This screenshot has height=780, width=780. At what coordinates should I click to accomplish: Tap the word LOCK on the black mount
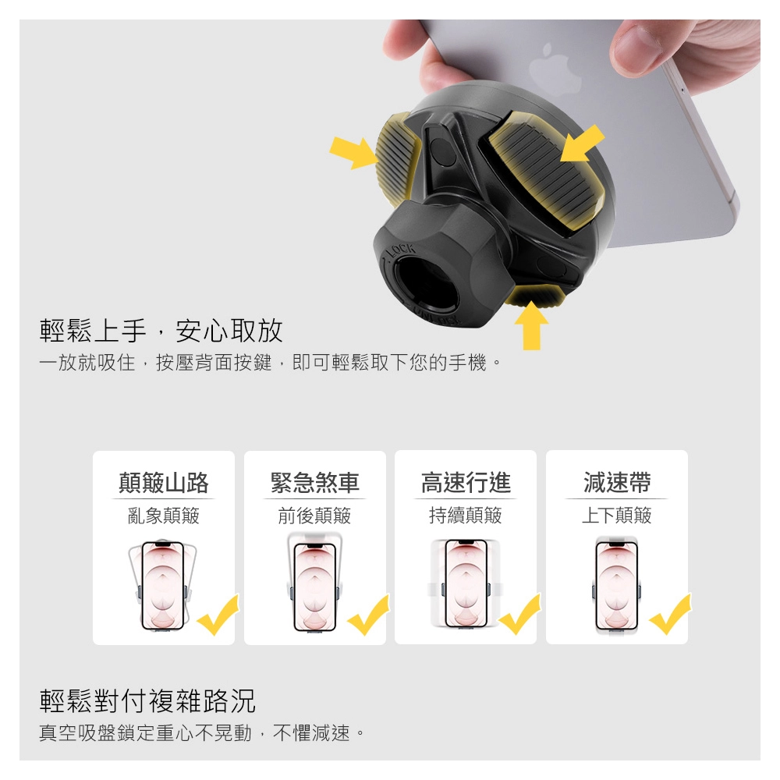(401, 250)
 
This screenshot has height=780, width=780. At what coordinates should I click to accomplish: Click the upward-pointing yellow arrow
(531, 325)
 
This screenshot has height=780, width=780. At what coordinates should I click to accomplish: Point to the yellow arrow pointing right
(354, 152)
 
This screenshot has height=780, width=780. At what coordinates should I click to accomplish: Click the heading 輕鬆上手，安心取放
(161, 330)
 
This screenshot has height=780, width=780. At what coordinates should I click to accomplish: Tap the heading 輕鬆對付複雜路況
(147, 700)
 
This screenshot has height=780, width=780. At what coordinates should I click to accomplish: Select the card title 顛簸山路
(164, 483)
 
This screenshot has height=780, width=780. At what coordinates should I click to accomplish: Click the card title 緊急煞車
(315, 483)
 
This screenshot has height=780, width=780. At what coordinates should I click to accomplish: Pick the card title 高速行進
(466, 483)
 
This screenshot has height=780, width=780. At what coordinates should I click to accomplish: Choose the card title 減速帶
(617, 483)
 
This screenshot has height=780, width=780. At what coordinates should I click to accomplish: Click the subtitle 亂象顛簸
(164, 516)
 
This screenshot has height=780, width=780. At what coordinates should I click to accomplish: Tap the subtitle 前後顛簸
(315, 516)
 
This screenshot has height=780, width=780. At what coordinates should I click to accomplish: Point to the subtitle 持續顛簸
(466, 516)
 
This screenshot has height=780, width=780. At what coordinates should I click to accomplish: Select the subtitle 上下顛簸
(617, 516)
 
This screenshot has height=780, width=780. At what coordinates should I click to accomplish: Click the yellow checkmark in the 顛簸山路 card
(218, 617)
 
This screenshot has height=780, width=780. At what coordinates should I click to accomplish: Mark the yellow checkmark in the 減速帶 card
(670, 616)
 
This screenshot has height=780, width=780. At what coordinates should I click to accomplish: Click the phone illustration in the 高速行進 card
(466, 584)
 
